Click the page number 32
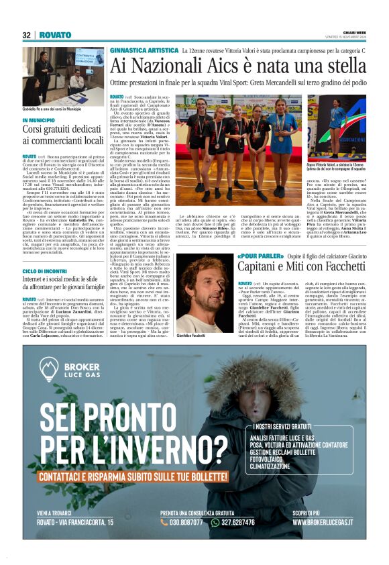pos(26,35)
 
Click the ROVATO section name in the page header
pos(55,35)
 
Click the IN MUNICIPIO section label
pos(42,120)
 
